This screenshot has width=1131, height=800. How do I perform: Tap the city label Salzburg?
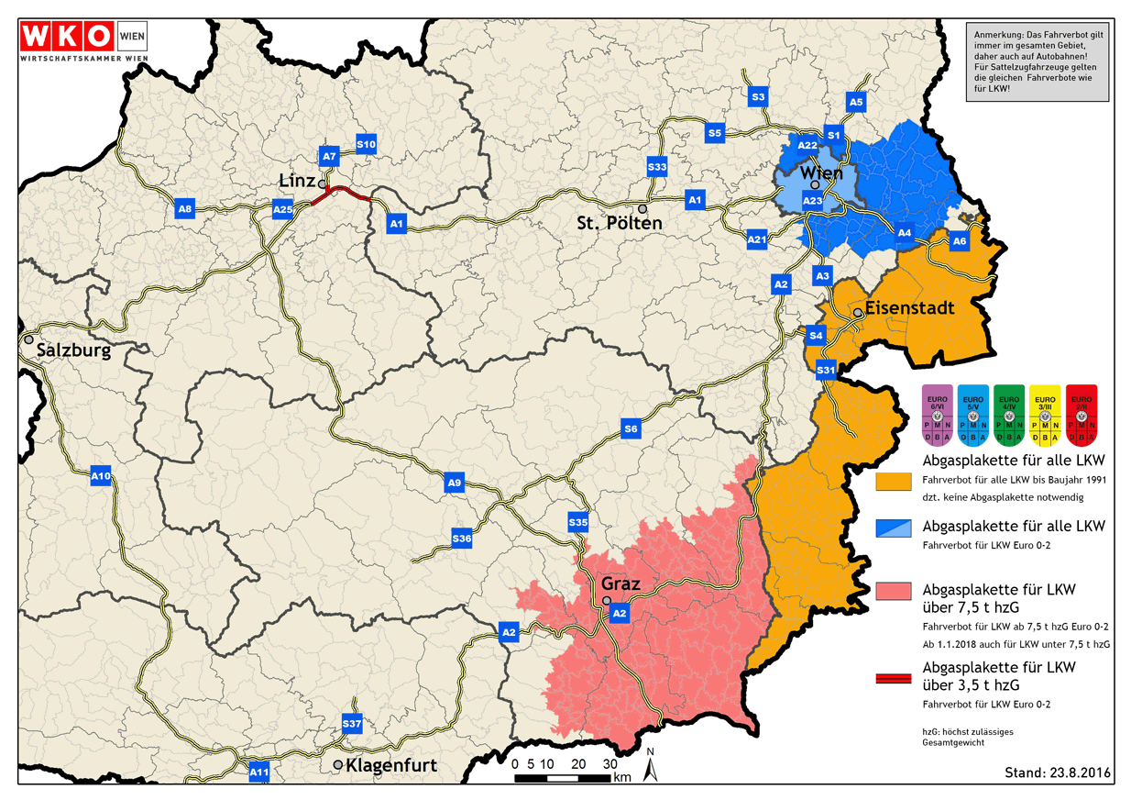73,351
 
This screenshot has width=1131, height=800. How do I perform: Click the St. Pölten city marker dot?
642,208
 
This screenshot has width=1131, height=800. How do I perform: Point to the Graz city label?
620,583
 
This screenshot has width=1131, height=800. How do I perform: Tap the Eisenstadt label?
909,308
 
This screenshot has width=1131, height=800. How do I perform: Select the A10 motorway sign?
101,476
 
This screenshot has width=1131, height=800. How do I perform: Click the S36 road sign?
461,539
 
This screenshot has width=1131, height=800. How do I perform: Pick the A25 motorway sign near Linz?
282,211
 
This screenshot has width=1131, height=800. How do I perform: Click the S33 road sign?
656,167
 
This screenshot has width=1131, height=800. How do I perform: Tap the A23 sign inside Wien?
812,201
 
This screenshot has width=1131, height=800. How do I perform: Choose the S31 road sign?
826,370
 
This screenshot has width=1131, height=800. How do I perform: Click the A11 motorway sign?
259,772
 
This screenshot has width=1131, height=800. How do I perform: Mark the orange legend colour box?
893,482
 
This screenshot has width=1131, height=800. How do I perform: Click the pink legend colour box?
893,590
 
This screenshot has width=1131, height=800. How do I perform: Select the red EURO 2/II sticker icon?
1082,413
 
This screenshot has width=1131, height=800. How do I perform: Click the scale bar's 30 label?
609,763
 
